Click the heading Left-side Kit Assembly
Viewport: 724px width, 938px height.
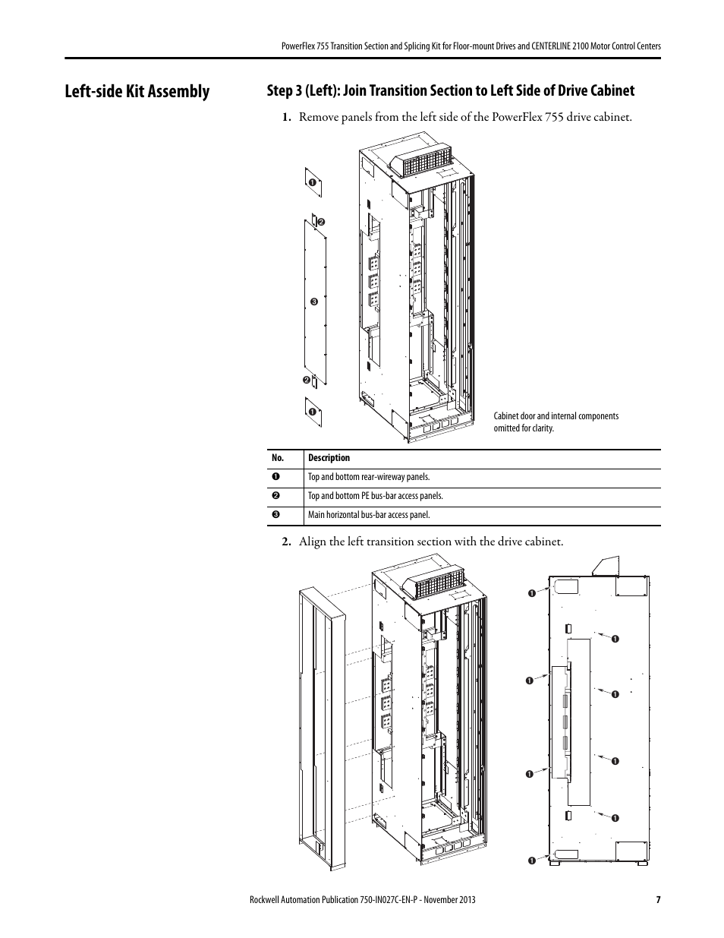[137, 91]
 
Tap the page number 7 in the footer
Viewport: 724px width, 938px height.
[658, 899]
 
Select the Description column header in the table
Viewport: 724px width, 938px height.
[329, 458]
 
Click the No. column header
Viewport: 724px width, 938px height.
[277, 458]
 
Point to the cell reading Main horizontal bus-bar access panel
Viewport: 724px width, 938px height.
[369, 515]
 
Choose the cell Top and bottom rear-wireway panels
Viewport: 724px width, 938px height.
[369, 477]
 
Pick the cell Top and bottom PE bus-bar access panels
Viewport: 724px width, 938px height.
[375, 496]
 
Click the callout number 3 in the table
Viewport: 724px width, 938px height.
[277, 515]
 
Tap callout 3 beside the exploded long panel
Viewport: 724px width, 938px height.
[312, 302]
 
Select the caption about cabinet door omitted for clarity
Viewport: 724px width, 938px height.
[556, 422]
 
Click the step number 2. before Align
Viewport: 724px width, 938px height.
[287, 542]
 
